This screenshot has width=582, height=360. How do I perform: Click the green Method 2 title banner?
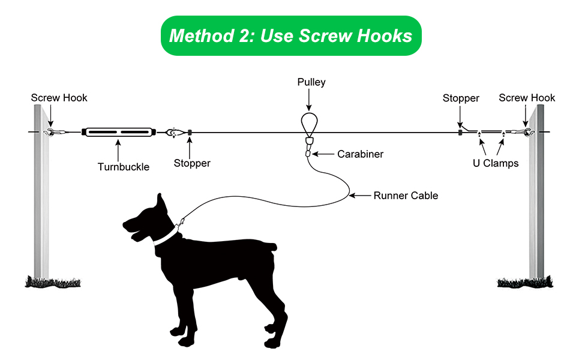[x=290, y=36]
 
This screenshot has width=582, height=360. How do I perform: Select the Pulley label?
[x=311, y=82]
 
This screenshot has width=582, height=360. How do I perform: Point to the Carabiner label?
[x=360, y=154]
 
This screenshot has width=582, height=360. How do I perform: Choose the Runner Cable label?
[x=406, y=195]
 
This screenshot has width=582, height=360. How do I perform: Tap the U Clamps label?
[x=496, y=163]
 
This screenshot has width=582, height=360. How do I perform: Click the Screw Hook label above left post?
[x=59, y=98]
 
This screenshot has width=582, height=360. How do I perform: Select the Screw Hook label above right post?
[x=527, y=98]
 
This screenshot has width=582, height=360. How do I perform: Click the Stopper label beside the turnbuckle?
[x=192, y=163]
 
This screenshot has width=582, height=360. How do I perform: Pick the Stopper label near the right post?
[x=461, y=98]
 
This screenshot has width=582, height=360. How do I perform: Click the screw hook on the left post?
[x=50, y=132]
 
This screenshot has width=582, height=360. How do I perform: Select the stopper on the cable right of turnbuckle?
[x=190, y=132]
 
